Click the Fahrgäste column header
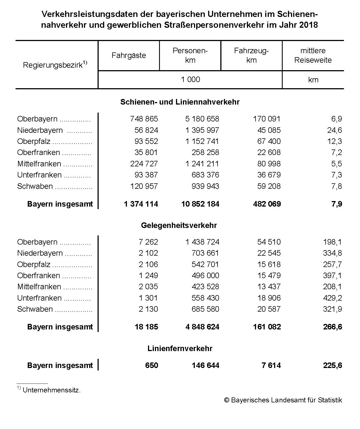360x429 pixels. pos(129,55)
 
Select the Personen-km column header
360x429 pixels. pos(190,55)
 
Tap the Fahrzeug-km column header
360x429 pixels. pos(251,55)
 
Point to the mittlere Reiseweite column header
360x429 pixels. pos(313,55)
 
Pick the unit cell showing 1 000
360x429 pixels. pos(190,80)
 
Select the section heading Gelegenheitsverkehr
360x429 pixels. pos(179,225)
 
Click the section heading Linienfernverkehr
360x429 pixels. pos(180,348)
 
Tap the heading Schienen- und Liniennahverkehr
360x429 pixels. pos(180,102)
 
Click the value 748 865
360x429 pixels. pos(144,119)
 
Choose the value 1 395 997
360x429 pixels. pos(202,130)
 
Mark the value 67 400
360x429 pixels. pos(269,141)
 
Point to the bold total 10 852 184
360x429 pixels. pos(200,204)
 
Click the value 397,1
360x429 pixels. pos(332,276)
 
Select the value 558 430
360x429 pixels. pos(205,298)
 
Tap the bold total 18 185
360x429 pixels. pos(146,327)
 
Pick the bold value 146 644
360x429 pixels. pos(205,365)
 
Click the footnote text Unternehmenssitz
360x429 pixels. pos(52,390)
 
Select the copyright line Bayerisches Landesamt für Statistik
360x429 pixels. pos(283,400)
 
